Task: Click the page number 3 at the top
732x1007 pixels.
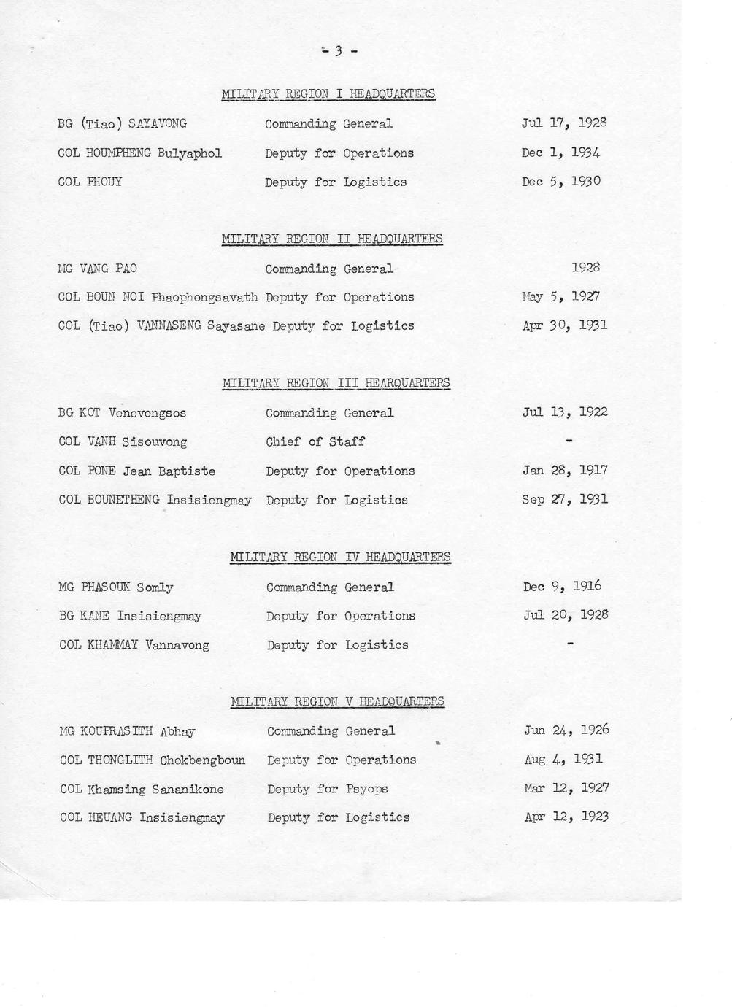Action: coord(339,51)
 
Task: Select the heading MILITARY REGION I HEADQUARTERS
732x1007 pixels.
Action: coord(328,93)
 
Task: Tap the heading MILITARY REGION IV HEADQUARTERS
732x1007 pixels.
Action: coord(340,557)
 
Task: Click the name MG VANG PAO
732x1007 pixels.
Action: coord(97,269)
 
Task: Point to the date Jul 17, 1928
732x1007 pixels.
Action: coord(564,123)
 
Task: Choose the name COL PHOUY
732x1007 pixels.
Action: coord(90,182)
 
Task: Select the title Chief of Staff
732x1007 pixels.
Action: coord(315,441)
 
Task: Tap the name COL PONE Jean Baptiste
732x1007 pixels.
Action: coord(136,471)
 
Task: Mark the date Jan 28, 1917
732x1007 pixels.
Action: coord(565,470)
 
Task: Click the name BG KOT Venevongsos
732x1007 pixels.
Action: coord(122,413)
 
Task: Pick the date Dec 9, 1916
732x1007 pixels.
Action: coord(562,586)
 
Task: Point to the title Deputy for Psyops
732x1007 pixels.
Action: coord(328,789)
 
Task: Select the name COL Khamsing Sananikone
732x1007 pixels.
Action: coord(142,789)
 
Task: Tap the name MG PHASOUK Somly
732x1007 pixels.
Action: coord(116,587)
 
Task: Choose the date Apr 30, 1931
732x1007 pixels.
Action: coord(564,325)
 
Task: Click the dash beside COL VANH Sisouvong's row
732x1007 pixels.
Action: coord(569,441)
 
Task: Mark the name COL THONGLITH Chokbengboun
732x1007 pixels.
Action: coord(153,760)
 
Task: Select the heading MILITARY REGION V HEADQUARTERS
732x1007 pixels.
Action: coord(337,702)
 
